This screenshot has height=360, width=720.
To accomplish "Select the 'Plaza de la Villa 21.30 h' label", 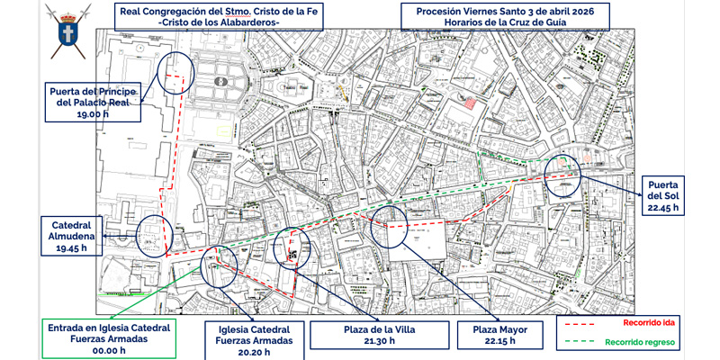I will coord(377,336).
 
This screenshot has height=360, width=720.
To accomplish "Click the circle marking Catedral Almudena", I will coord(153,237).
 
